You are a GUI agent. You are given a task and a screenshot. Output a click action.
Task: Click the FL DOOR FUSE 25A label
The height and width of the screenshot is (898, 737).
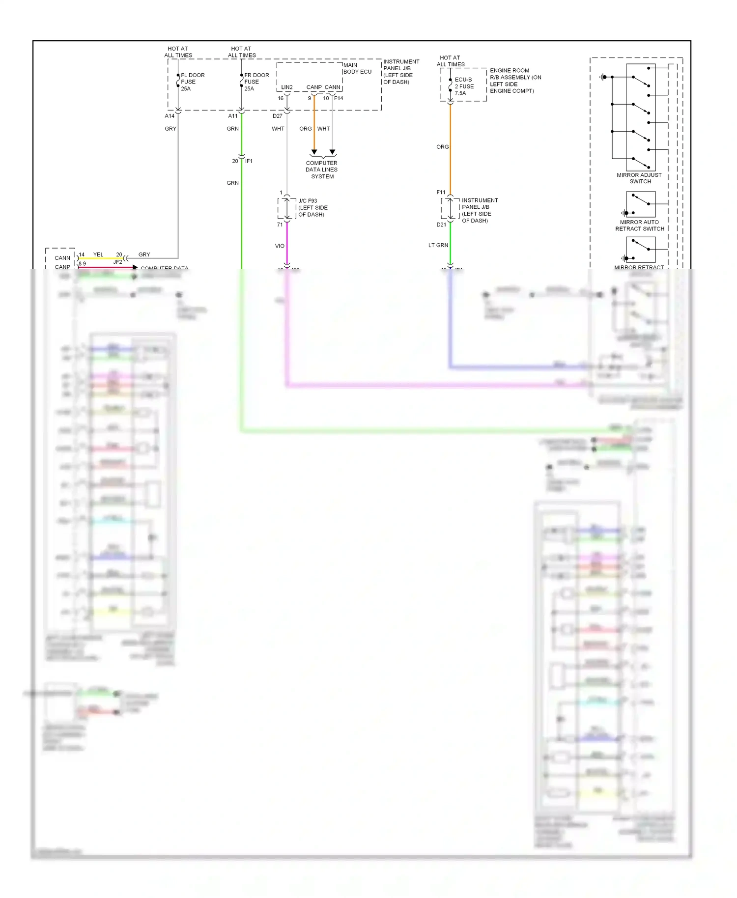pyautogui.click(x=192, y=82)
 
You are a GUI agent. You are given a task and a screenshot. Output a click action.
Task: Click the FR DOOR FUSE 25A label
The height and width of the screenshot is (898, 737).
pyautogui.click(x=256, y=82)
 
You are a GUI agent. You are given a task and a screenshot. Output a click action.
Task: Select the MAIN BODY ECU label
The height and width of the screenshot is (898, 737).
pyautogui.click(x=357, y=68)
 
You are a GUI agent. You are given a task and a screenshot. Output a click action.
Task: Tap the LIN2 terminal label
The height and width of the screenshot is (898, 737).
pyautogui.click(x=287, y=87)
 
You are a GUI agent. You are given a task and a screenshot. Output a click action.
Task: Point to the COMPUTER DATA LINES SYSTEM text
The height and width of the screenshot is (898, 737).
pyautogui.click(x=322, y=169)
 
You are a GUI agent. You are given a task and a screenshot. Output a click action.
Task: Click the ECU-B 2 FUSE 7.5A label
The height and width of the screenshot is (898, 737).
pyautogui.click(x=464, y=86)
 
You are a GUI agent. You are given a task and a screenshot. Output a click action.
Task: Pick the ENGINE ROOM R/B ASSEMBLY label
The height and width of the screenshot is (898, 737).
pyautogui.click(x=515, y=81)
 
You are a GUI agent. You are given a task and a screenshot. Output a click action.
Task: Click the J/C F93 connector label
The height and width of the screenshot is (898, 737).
pyautogui.click(x=312, y=207)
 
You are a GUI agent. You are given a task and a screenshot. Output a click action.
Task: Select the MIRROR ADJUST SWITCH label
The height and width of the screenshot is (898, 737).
pyautogui.click(x=639, y=178)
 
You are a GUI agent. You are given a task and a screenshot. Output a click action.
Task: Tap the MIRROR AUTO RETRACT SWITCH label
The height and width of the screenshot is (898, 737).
pyautogui.click(x=639, y=225)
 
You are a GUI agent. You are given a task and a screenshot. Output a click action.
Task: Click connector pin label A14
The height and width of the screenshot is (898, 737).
pyautogui.click(x=170, y=116)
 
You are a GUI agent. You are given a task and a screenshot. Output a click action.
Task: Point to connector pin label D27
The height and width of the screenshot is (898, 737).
pyautogui.click(x=278, y=116)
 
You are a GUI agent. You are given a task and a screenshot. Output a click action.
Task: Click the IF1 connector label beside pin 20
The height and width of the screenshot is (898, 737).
pyautogui.click(x=249, y=161)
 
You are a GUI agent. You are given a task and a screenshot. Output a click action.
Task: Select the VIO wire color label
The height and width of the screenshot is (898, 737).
pyautogui.click(x=280, y=246)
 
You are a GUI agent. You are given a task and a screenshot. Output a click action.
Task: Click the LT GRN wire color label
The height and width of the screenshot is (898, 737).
pyautogui.click(x=438, y=245)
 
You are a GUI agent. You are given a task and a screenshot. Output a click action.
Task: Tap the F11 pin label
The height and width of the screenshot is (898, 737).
pyautogui.click(x=441, y=193)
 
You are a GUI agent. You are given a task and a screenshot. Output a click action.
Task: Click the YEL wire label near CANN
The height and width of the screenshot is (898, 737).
pyautogui.click(x=98, y=254)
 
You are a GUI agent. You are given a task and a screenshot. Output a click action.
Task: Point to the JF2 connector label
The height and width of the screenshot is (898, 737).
pyautogui.click(x=117, y=262)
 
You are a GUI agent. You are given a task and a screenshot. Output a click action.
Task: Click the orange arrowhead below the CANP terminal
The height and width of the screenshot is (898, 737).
pyautogui.click(x=314, y=152)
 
